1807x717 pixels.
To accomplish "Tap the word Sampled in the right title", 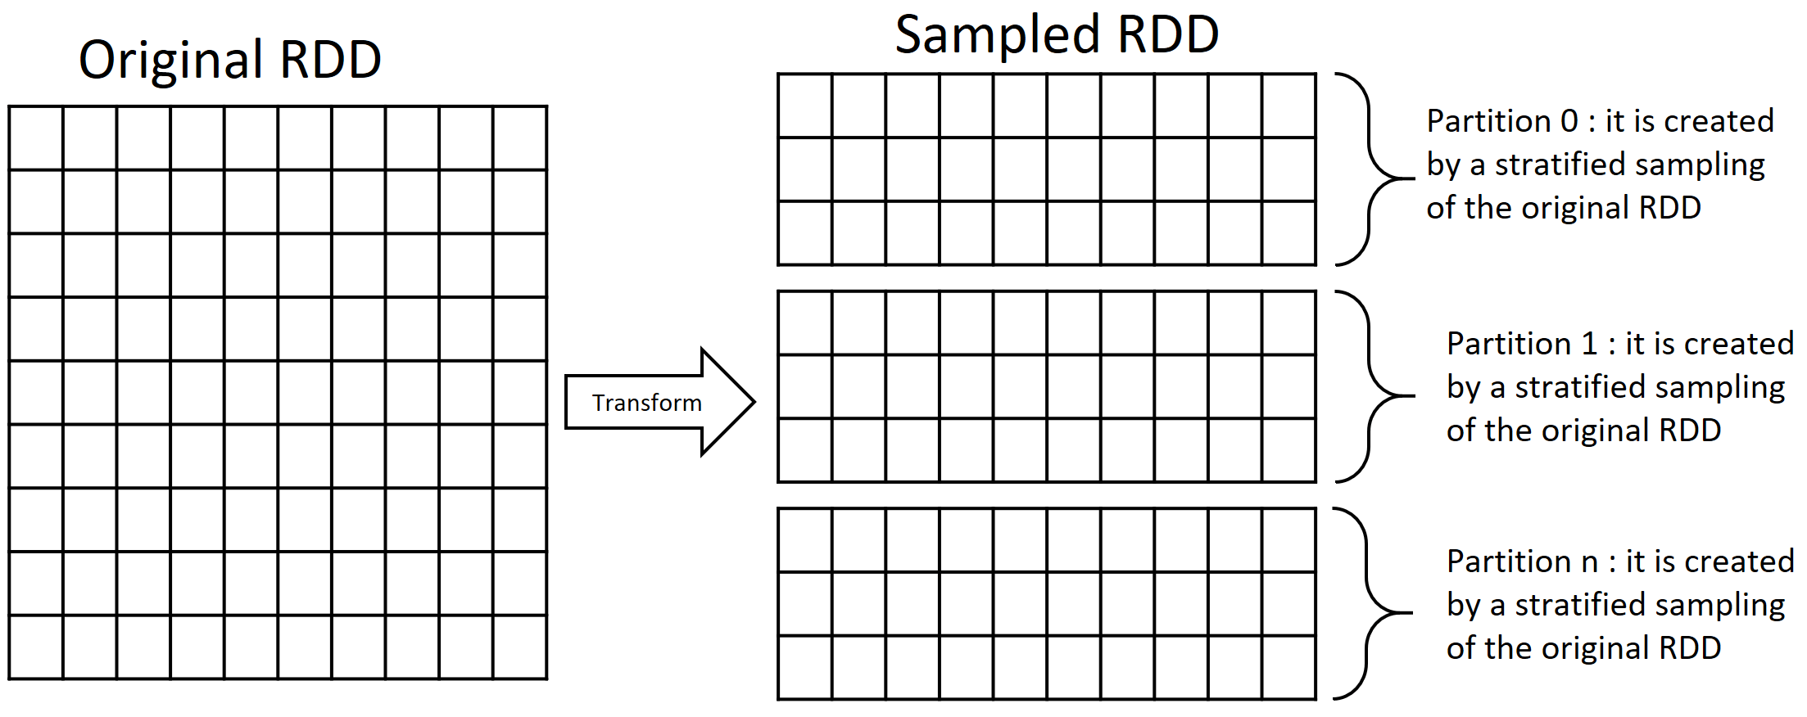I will [x=997, y=35].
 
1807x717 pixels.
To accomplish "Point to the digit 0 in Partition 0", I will [x=1569, y=121].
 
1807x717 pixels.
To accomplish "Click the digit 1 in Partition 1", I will [x=1589, y=344].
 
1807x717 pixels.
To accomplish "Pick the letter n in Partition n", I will [x=1590, y=562].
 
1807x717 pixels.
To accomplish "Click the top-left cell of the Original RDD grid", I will [x=36, y=138].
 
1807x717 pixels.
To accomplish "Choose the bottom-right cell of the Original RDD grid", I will [x=520, y=647].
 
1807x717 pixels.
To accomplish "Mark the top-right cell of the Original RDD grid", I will [x=520, y=138].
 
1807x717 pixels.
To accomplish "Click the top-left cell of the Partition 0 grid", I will [x=805, y=106].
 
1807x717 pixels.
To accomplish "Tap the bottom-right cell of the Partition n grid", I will [x=1289, y=668].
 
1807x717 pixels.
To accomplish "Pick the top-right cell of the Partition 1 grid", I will [x=1289, y=322].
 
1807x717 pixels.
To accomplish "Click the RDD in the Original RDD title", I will [x=330, y=61].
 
